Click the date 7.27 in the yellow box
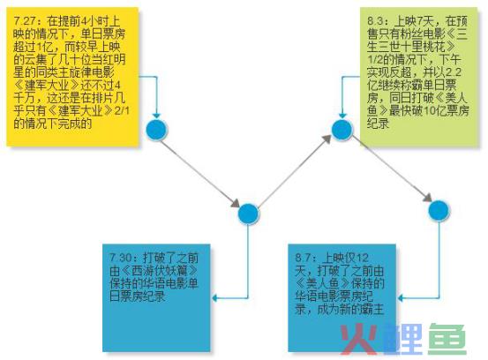pyautogui.click(x=25, y=21)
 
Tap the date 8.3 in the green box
pyautogui.click(x=376, y=21)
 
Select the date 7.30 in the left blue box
pyautogui.click(x=121, y=258)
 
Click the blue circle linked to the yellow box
pyautogui.click(x=156, y=130)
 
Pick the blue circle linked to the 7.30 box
pyautogui.click(x=248, y=214)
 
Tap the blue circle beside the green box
pyautogui.click(x=342, y=130)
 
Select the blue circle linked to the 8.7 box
pyautogui.click(x=439, y=210)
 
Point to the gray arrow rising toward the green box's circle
pyautogui.click(x=294, y=171)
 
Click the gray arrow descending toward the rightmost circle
pyautogui.click(x=392, y=169)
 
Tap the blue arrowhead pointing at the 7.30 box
pyautogui.click(x=214, y=298)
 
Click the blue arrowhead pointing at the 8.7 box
pyautogui.click(x=401, y=298)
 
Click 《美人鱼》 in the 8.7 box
pyautogui.click(x=323, y=283)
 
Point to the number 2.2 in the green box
pyautogui.click(x=454, y=72)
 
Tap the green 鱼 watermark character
pyautogui.click(x=447, y=339)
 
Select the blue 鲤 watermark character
pyautogui.click(x=402, y=339)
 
